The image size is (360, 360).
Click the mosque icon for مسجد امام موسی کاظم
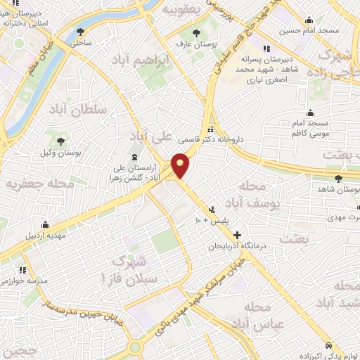tap(310, 112)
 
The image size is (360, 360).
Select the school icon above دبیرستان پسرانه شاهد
tap(265, 49)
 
